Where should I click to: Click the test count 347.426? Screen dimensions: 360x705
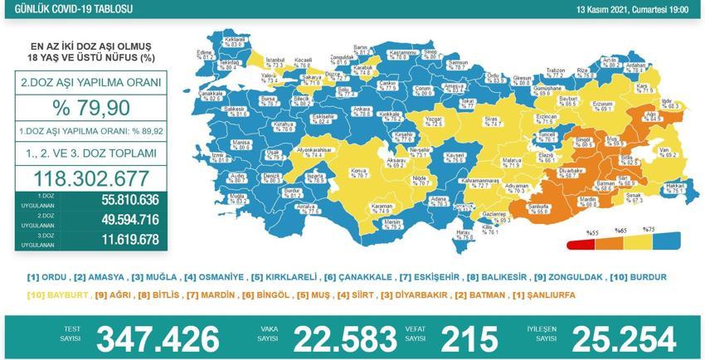158,338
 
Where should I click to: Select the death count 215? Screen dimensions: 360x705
470,338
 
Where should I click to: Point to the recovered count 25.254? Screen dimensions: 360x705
615,338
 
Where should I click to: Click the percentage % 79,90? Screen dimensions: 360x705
90,109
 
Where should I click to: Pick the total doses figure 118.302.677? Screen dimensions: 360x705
90,178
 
